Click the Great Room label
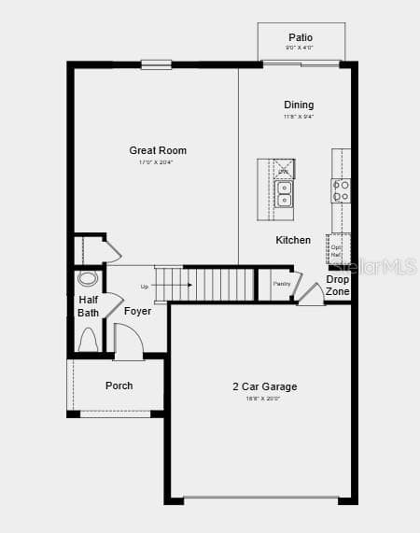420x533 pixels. [x=158, y=150]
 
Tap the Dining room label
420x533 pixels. [x=299, y=105]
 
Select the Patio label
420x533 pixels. [x=301, y=36]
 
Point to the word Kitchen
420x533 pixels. [x=293, y=240]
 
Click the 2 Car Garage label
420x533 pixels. [x=265, y=386]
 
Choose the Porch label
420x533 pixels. [x=119, y=386]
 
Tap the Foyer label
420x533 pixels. [x=138, y=311]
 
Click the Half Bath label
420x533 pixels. [x=88, y=306]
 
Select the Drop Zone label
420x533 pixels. [x=338, y=286]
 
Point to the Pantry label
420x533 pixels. [x=282, y=284]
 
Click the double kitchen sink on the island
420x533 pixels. [x=284, y=194]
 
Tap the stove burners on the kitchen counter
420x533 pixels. [x=342, y=190]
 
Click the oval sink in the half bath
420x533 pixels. [x=88, y=278]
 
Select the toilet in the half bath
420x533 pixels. [x=88, y=341]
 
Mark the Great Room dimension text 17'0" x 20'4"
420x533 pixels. [x=157, y=162]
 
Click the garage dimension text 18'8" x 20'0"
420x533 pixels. [x=264, y=399]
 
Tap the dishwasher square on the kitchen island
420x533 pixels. [x=285, y=169]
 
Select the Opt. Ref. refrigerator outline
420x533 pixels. [x=337, y=249]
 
